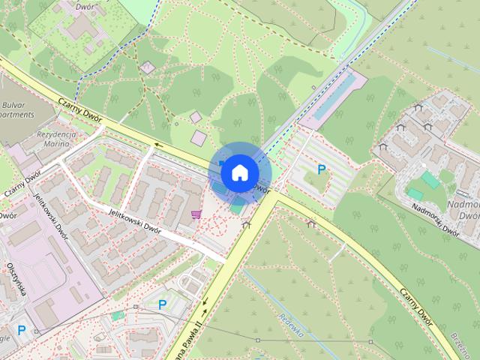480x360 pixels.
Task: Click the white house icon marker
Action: pyautogui.click(x=238, y=172)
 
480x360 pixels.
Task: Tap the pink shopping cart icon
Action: pyautogui.click(x=196, y=214)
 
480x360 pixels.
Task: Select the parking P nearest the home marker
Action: pyautogui.click(x=321, y=170)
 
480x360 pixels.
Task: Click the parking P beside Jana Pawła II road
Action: pyautogui.click(x=162, y=304)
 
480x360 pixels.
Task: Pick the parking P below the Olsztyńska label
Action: pyautogui.click(x=21, y=330)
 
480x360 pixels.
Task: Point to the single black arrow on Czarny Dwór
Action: pyautogui.click(x=158, y=145)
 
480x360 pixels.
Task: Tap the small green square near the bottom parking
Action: pyautogui.click(x=118, y=316)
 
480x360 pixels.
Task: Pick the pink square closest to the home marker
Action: pyautogui.click(x=198, y=138)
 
